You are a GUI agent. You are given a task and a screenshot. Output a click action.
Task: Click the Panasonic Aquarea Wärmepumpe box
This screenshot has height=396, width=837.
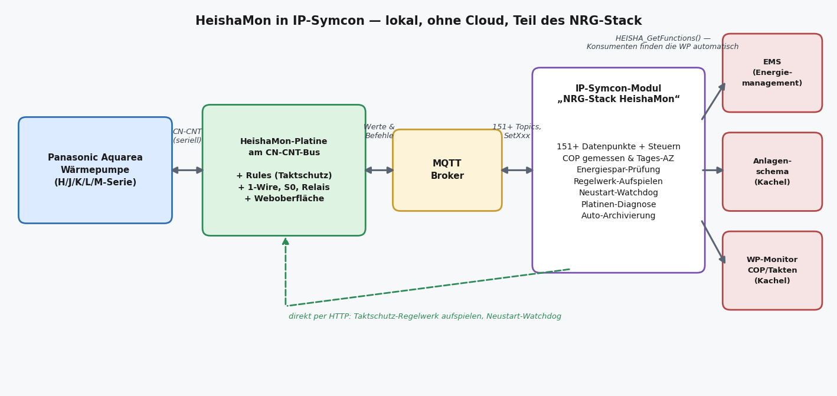95,170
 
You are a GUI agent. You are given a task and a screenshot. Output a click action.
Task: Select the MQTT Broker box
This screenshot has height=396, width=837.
447,170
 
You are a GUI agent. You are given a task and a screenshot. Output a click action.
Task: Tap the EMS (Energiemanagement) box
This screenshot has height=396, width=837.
772,73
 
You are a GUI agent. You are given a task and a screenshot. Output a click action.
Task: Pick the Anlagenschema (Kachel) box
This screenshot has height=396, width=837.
772,172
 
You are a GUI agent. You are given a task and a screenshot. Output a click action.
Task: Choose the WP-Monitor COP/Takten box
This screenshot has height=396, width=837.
772,270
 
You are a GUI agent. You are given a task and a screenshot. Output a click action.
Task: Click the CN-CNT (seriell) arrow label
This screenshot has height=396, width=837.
187,136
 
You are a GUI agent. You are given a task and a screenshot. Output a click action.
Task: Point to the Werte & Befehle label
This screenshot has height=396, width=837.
380,131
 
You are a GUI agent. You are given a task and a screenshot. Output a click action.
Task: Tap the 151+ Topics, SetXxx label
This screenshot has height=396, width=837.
516,131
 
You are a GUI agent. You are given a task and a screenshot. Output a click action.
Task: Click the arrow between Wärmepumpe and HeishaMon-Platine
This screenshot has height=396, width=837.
187,171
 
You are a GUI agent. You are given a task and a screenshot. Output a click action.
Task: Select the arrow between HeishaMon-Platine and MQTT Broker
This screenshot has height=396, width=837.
380,171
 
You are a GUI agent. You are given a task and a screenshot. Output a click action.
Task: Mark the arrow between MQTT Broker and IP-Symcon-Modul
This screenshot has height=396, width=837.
517,171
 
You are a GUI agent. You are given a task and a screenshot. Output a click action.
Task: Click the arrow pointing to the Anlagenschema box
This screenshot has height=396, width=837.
713,171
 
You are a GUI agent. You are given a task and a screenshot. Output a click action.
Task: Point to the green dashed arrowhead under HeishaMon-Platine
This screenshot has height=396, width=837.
286,241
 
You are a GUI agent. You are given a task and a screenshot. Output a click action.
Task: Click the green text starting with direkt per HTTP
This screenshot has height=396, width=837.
425,316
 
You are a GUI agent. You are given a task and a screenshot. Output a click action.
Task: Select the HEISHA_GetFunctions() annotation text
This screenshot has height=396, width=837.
662,42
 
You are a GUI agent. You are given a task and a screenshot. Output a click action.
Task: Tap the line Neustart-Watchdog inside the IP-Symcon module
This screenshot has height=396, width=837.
619,193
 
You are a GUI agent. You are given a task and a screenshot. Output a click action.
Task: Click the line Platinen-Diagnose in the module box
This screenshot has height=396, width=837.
619,204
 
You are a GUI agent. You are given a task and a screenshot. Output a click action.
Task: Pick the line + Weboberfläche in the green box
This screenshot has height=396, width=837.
284,199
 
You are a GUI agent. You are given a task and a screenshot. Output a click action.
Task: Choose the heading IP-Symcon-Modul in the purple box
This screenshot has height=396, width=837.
619,89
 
